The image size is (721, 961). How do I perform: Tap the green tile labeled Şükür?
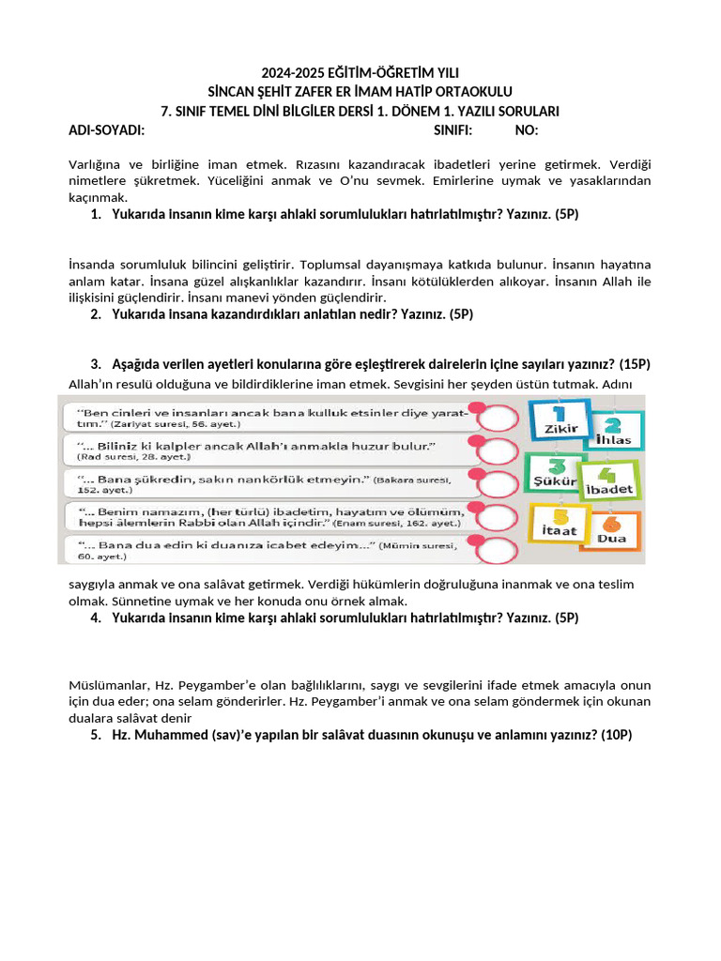(555, 472)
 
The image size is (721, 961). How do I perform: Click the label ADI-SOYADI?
(106, 130)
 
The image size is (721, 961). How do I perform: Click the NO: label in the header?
(527, 130)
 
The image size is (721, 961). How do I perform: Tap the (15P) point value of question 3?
(634, 364)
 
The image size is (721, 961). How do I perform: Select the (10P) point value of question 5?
(615, 735)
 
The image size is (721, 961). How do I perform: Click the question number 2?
(96, 314)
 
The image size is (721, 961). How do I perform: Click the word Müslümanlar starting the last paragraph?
(106, 685)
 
